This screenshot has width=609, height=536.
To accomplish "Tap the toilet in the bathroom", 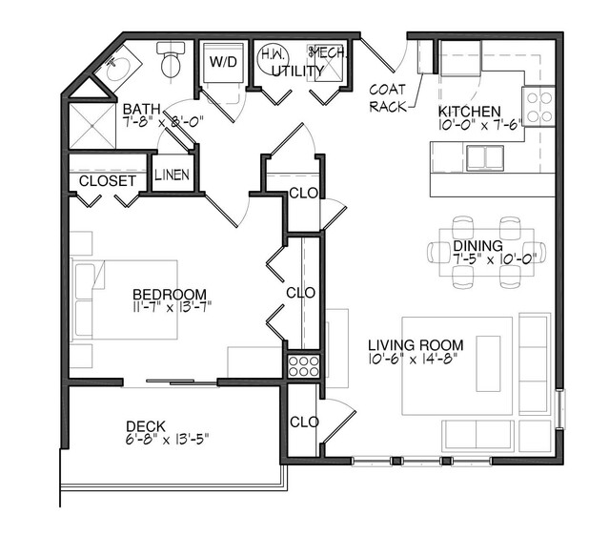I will click(172, 61).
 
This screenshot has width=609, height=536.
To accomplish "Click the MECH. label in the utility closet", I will click(323, 54).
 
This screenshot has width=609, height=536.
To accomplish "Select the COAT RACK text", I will click(389, 95).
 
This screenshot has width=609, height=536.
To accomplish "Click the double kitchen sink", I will click(485, 155).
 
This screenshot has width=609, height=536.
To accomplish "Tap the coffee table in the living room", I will click(489, 362).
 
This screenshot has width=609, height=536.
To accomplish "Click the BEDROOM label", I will click(169, 294).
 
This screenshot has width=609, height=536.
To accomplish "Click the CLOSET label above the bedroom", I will click(107, 180).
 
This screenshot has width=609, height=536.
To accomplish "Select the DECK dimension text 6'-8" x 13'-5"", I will click(167, 439).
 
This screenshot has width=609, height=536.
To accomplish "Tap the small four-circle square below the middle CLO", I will click(300, 365).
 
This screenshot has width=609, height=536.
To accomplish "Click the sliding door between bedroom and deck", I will click(172, 383).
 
